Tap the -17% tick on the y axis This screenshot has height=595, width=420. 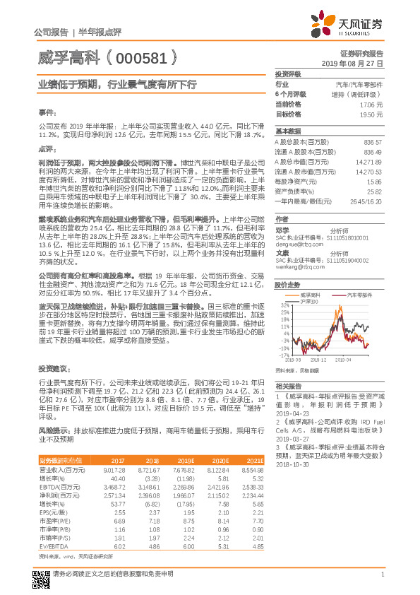tap(284, 355)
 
